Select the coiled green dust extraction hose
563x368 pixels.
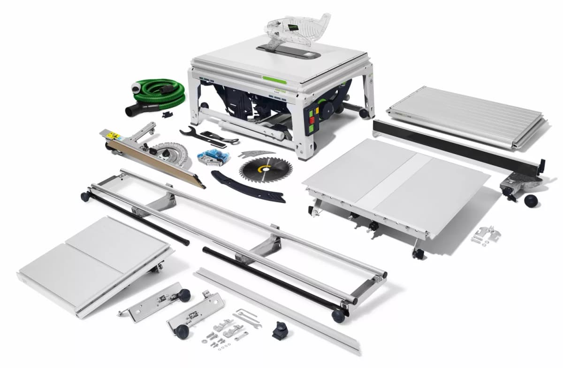pyautogui.click(x=162, y=92)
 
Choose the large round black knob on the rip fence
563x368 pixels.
pyautogui.click(x=532, y=201)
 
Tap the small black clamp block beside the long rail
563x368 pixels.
pyautogui.click(x=280, y=332)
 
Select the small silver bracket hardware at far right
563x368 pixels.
pyautogui.click(x=483, y=234)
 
